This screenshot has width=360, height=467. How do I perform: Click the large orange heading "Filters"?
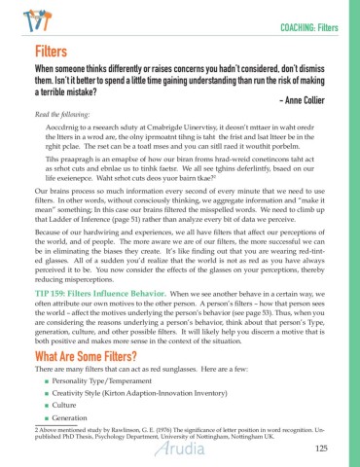49,50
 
